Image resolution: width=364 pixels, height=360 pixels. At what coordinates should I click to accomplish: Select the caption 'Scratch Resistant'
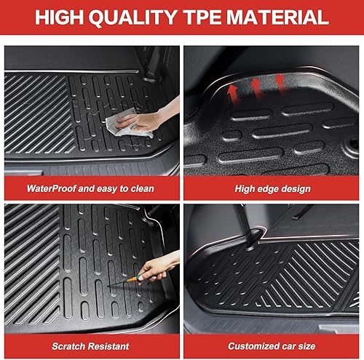pos(90,346)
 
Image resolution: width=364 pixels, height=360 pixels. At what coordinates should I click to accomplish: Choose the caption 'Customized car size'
pos(273,346)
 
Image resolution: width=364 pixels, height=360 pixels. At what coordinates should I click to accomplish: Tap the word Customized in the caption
pos(255,346)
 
